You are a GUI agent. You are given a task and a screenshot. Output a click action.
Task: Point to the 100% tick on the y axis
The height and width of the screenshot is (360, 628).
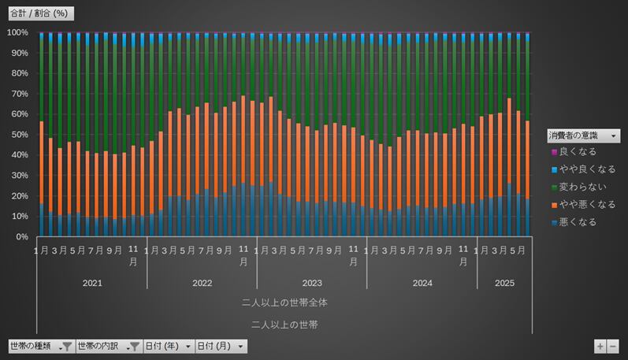tap(17, 32)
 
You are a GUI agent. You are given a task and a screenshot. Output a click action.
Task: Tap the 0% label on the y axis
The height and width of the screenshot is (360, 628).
tap(22, 236)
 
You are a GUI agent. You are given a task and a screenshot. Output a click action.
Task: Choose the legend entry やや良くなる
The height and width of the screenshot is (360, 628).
tap(583, 169)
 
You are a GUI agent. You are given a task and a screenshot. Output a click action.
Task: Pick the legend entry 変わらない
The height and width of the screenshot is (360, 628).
tap(580, 187)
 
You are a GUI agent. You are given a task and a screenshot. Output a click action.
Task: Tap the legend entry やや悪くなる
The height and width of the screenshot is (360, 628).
tap(583, 205)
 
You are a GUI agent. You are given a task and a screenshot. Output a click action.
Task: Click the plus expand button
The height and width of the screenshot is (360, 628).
tap(600, 346)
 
